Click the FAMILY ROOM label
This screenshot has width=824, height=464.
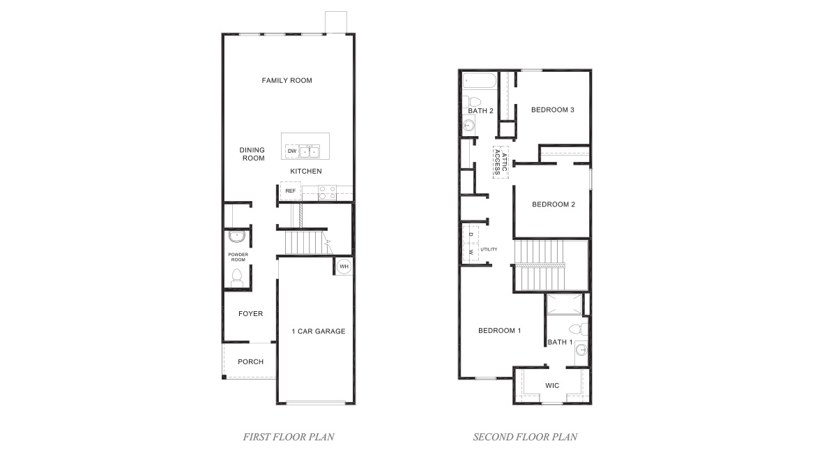coord(287,80)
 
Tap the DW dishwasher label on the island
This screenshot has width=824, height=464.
coord(292,151)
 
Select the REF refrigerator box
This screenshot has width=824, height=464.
coord(290,190)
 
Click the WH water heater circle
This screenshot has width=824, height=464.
coord(344,266)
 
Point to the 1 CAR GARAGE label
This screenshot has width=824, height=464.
coord(318,331)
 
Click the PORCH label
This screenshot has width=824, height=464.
coord(250,361)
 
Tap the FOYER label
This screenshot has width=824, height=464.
coord(250,314)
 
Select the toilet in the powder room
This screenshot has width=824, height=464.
coord(236,276)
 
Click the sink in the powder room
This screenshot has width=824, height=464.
coord(236,235)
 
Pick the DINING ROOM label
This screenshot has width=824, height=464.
coord(252,154)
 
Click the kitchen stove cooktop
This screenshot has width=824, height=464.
coord(328,193)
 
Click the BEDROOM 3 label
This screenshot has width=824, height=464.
coord(552,110)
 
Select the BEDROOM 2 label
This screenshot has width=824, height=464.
coord(553,204)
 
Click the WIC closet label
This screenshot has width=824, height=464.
coord(552,385)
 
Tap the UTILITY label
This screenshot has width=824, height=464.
coord(489,249)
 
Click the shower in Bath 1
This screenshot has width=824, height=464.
coord(564,304)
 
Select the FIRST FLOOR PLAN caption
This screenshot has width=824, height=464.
coord(288,437)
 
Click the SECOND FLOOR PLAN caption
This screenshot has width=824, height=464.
coord(525,437)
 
